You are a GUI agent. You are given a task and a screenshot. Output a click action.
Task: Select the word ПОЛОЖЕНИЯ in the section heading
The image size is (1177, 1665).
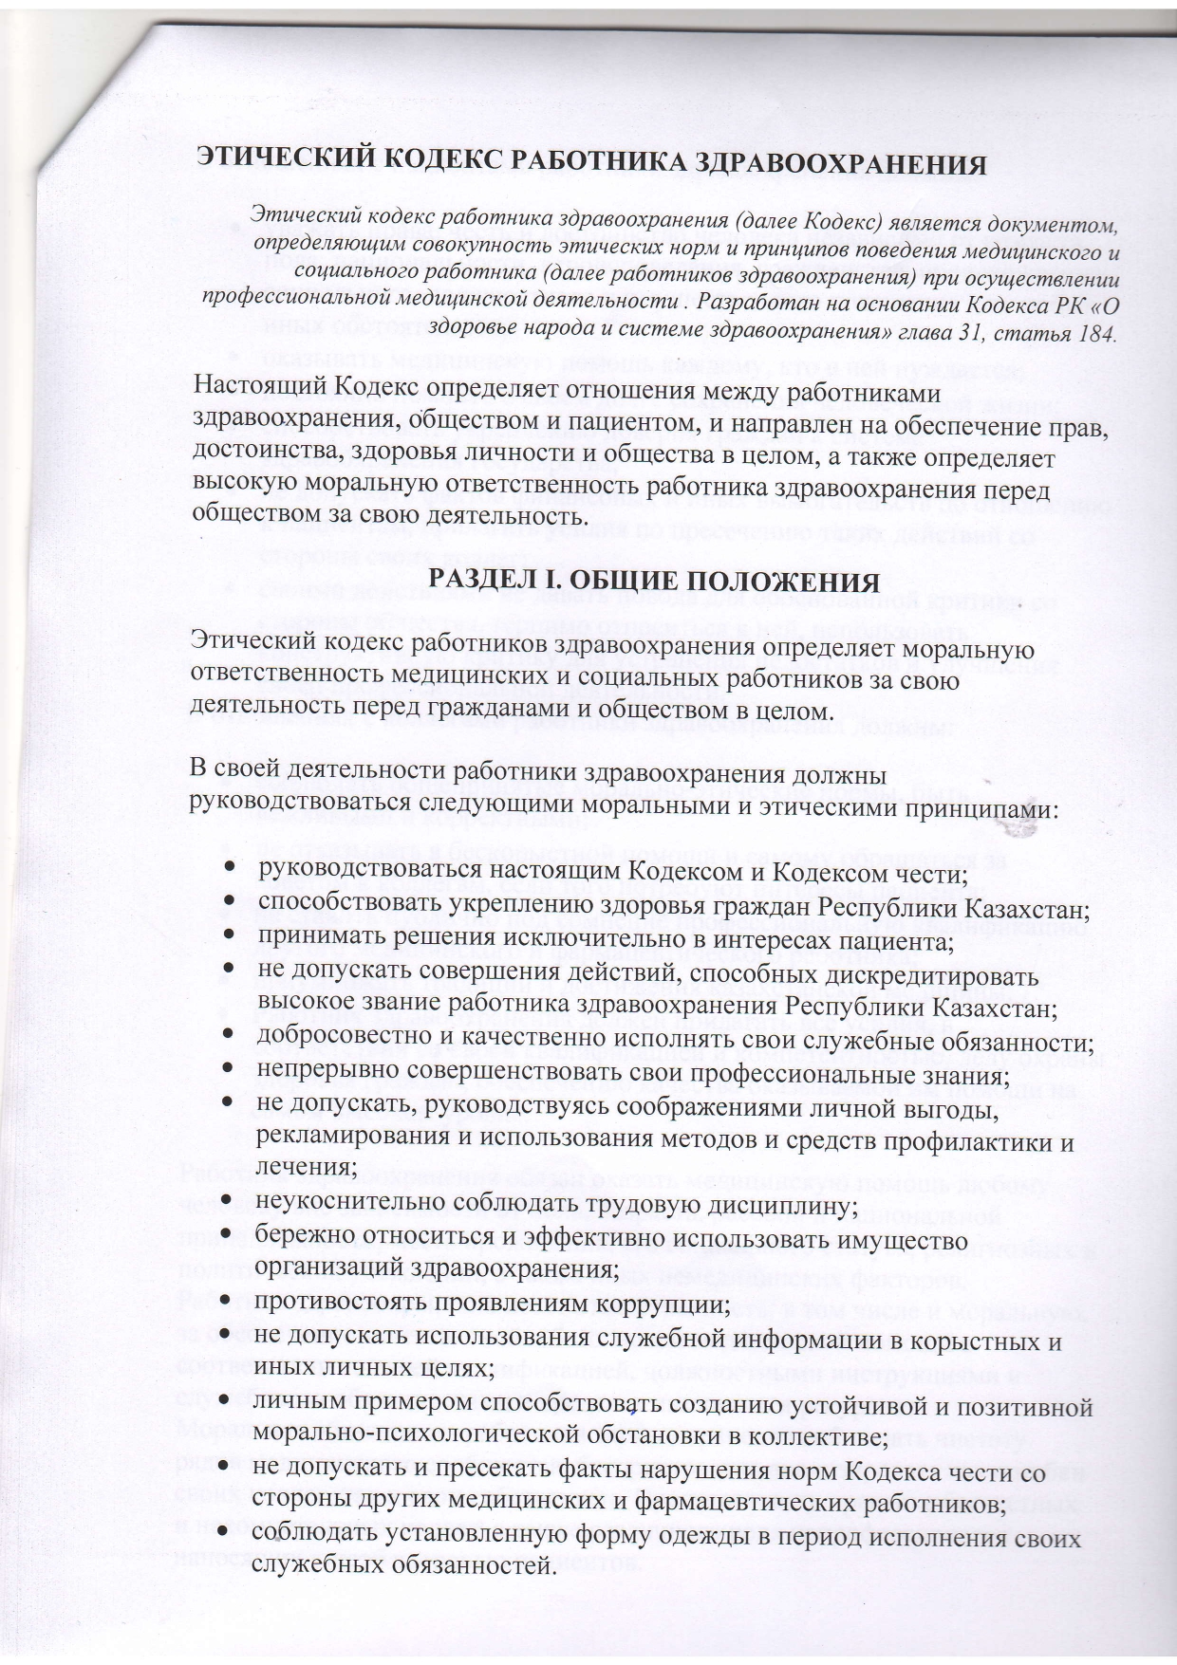tap(787, 581)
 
